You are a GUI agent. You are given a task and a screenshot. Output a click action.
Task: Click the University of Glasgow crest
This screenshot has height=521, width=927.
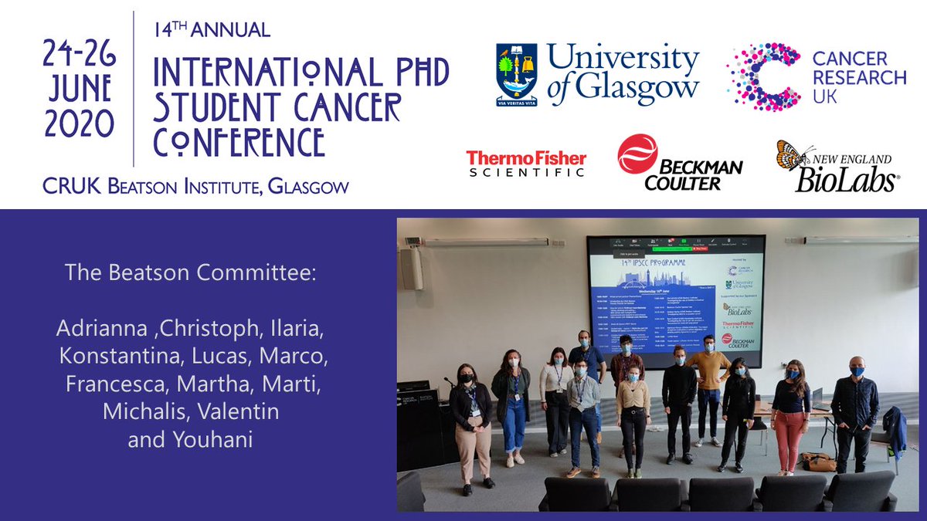click(517, 74)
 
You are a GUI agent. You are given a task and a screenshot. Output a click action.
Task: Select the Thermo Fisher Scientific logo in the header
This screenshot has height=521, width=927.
click(525, 163)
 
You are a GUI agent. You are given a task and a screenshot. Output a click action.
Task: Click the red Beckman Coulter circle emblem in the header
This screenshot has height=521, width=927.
click(637, 154)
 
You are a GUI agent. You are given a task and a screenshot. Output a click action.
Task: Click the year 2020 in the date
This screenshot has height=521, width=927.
click(80, 123)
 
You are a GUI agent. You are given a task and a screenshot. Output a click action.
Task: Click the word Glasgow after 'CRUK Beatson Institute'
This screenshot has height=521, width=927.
click(307, 186)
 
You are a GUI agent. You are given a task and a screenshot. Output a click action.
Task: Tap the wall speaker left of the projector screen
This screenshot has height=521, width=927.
click(411, 268)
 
